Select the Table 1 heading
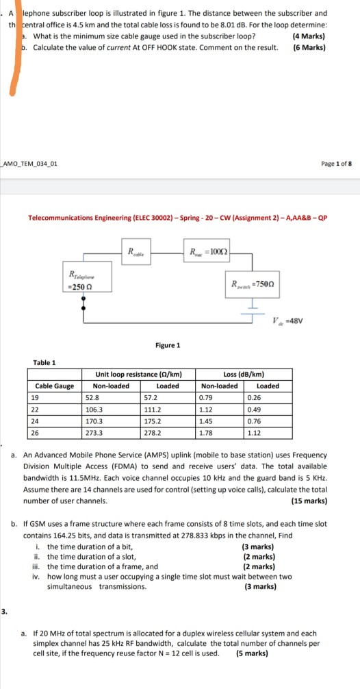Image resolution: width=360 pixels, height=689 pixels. [x=44, y=362]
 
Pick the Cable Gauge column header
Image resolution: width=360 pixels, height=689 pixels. [x=55, y=386]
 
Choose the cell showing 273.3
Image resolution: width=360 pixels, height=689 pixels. [x=93, y=433]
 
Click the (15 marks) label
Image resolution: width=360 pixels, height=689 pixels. [x=308, y=501]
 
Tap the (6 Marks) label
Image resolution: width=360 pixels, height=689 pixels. [x=308, y=47]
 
